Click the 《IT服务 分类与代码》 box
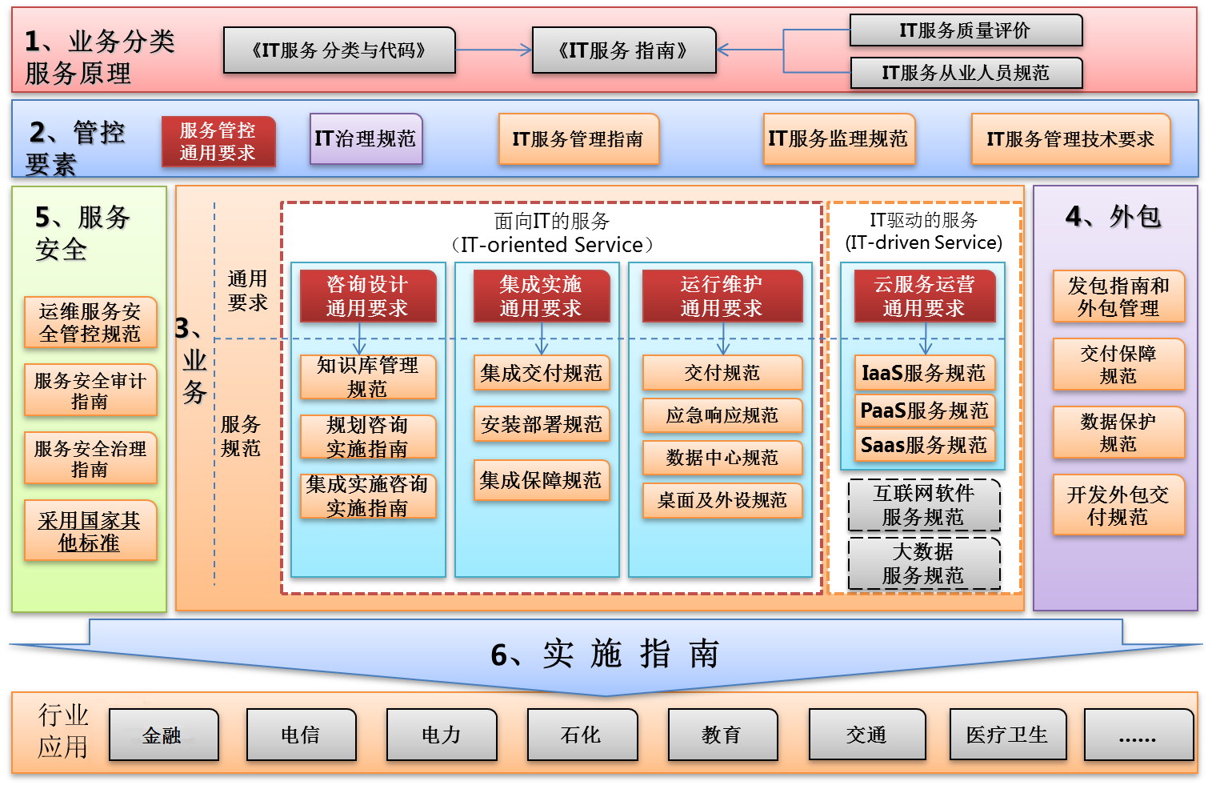[339, 50]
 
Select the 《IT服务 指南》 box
[624, 50]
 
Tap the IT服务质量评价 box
[966, 30]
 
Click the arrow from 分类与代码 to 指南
[494, 50]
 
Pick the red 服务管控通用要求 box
[218, 142]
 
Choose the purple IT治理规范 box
[366, 138]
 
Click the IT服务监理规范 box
[838, 138]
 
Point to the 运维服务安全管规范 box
[90, 322]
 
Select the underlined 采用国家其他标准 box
[90, 531]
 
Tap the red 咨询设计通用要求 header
[368, 296]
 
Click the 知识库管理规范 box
[368, 378]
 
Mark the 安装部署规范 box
[542, 424]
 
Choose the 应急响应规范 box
[722, 415]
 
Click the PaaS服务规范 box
[925, 411]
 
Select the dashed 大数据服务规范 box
[924, 563]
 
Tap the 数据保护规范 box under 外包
[1119, 433]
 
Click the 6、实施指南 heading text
[605, 654]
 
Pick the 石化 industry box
[582, 735]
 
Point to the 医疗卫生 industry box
[1008, 735]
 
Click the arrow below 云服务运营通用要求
[926, 339]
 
